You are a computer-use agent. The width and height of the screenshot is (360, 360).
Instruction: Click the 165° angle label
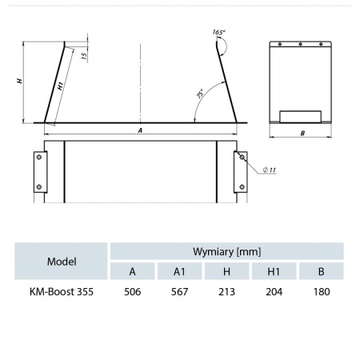coord(219,32)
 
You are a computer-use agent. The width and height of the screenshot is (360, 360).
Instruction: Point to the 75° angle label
coord(200,94)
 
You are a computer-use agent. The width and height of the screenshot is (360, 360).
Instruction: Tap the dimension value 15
coord(84,55)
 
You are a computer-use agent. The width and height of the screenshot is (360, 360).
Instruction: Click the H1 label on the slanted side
coord(61,86)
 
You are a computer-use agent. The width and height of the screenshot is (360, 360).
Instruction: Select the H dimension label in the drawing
coord(19,81)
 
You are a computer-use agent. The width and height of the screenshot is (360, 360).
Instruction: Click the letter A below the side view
coord(140,130)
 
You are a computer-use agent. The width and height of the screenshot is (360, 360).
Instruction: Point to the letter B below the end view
coord(302,134)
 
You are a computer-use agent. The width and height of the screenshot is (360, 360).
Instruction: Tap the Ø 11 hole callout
coord(270,170)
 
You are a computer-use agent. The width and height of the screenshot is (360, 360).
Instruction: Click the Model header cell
coord(62,261)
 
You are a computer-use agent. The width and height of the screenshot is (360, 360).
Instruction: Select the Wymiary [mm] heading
coord(227,251)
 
